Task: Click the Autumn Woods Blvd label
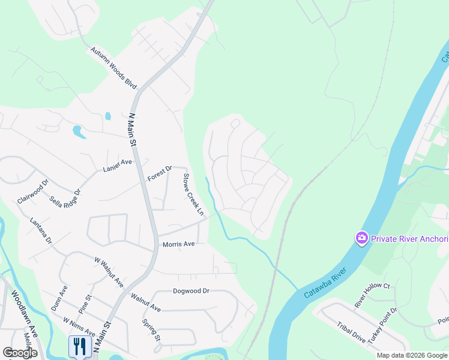(x=114, y=68)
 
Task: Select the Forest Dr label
(x=160, y=174)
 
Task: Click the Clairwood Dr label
(x=32, y=190)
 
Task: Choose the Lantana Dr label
(x=41, y=231)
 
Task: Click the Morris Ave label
(x=179, y=244)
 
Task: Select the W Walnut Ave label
(x=109, y=271)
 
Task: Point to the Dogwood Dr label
(x=190, y=290)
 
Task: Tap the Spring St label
(x=151, y=330)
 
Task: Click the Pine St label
(x=85, y=304)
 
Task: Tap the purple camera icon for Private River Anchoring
(x=361, y=239)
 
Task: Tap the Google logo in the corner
(x=20, y=353)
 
